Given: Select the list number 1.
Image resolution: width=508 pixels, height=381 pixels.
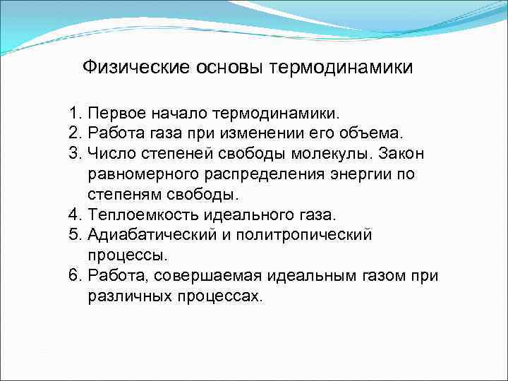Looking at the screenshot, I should point(75,113).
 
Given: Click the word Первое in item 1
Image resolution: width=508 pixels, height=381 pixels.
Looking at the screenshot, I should point(118,113).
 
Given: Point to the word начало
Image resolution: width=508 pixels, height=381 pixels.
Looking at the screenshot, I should point(186,113).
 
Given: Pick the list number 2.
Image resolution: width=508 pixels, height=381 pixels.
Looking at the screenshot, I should point(75,133).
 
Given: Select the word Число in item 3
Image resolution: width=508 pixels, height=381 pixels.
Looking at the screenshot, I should point(110,154).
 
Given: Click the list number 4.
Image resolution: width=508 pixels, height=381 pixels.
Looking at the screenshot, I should point(75,214).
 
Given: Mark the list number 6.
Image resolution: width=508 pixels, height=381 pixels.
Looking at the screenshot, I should point(75,275).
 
